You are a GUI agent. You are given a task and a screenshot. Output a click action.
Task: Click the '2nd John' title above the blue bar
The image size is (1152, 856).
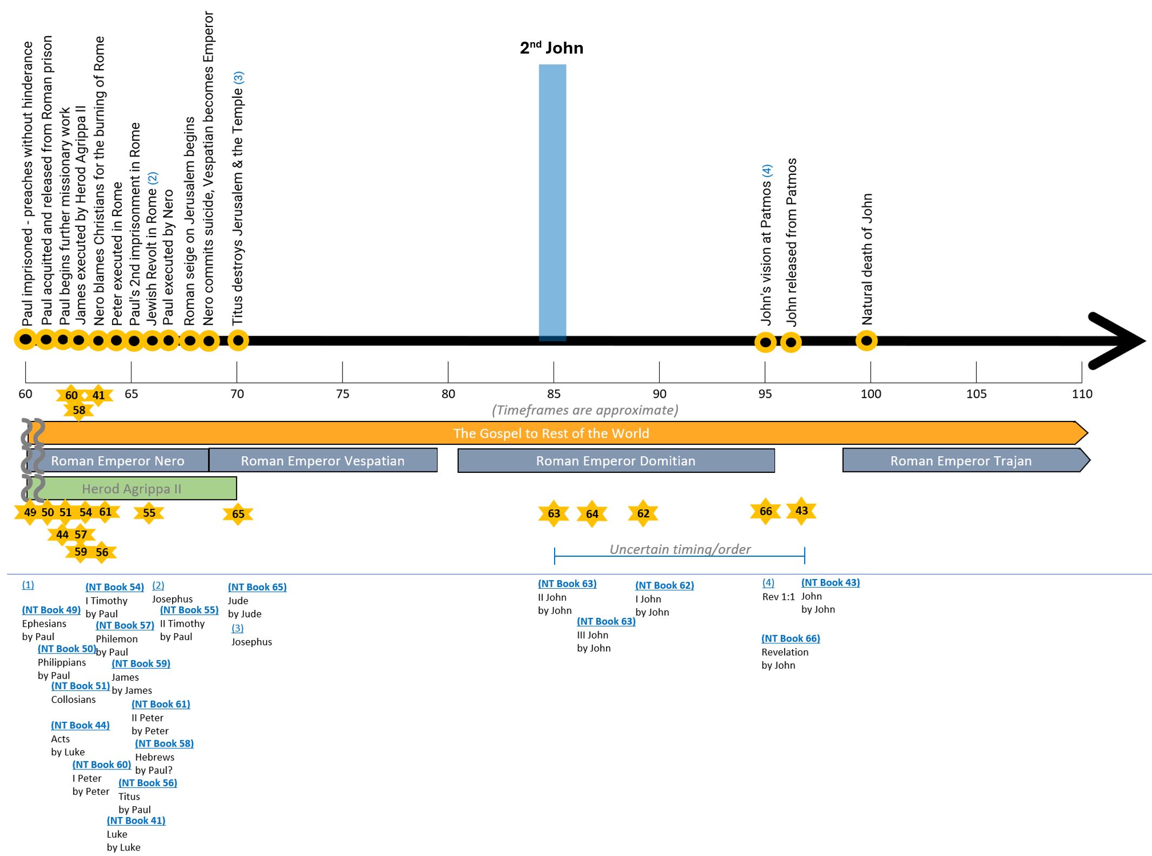point(551,48)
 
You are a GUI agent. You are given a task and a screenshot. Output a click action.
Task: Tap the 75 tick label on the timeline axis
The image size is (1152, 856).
point(343,394)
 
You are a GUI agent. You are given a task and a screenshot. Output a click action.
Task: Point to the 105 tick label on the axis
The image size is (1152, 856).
point(976,394)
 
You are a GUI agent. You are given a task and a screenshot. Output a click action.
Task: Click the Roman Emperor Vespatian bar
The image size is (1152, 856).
point(322,460)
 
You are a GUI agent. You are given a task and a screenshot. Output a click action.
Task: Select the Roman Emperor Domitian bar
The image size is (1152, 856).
point(616,460)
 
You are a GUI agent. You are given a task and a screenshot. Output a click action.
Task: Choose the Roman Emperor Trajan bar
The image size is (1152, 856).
point(961,460)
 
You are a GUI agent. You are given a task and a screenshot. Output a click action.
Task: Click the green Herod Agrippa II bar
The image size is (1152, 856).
point(132,489)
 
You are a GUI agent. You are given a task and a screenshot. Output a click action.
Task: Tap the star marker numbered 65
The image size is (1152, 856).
point(238,514)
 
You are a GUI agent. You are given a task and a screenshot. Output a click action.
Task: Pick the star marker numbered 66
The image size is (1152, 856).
point(766,511)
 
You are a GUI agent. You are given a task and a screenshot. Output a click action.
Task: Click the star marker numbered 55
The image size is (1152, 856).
point(149,513)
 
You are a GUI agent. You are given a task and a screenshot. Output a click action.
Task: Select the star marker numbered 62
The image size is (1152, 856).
point(643,513)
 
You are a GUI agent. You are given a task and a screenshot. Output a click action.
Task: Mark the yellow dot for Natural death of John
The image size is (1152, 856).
point(866,341)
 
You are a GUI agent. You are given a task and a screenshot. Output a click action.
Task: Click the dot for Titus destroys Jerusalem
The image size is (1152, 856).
point(238,340)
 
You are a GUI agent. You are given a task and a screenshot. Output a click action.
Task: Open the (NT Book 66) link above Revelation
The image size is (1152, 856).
point(791,638)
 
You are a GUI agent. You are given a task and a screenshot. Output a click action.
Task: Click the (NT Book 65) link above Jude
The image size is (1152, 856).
point(257,587)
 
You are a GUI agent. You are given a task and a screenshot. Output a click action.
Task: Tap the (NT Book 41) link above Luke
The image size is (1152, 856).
point(136,820)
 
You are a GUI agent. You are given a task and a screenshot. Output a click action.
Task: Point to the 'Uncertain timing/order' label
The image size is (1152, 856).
point(680,549)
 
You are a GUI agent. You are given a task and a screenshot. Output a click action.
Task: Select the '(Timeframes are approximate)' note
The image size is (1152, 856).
point(585,410)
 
